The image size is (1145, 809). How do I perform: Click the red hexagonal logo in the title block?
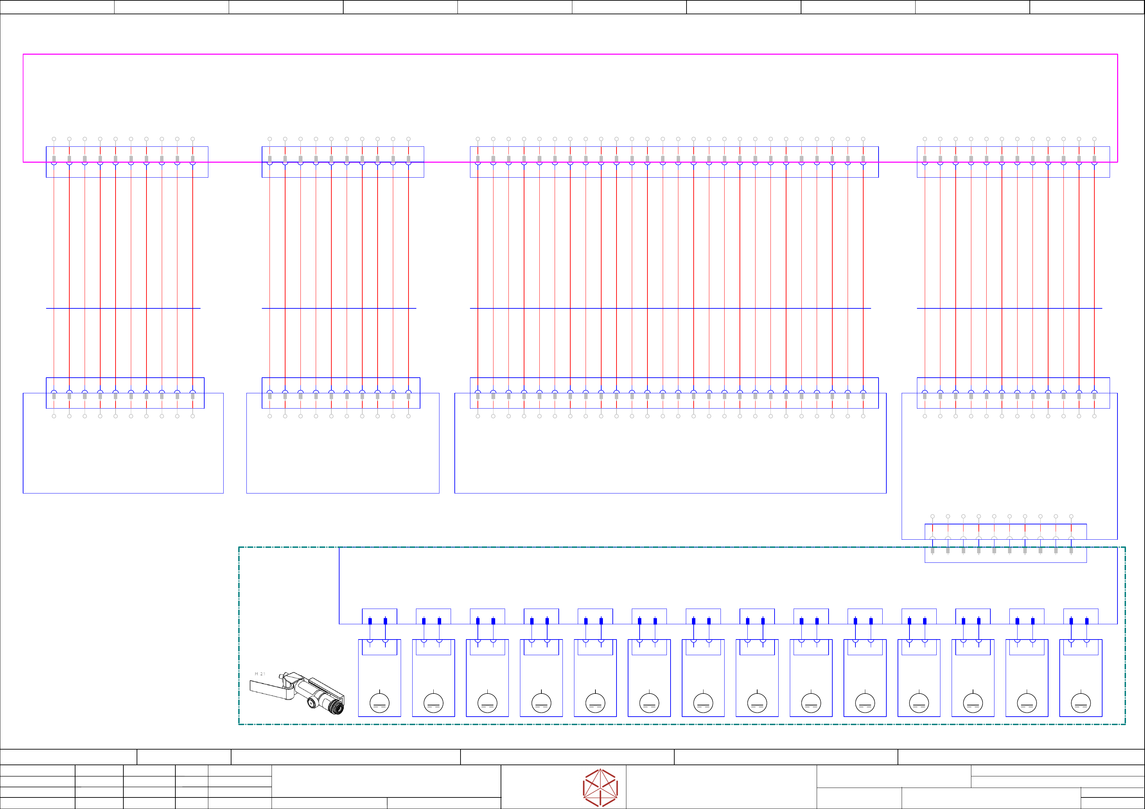click(x=601, y=788)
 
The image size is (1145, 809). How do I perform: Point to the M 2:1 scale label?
click(x=260, y=674)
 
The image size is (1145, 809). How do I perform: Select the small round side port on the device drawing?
click(x=311, y=703)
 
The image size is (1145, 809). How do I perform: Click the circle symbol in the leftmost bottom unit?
click(x=380, y=703)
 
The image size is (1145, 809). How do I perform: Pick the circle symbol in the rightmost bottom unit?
click(x=1081, y=703)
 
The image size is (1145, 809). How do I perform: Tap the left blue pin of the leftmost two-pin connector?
click(x=370, y=621)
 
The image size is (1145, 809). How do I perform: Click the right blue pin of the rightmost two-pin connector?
click(x=1087, y=621)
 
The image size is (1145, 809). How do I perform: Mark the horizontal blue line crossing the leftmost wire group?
click(x=123, y=308)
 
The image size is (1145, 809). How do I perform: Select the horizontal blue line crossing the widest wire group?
click(x=670, y=308)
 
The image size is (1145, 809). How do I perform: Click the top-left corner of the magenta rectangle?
click(x=23, y=54)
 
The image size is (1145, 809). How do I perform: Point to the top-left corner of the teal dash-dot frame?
click(x=239, y=547)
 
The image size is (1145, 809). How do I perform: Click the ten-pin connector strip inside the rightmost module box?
click(x=1005, y=543)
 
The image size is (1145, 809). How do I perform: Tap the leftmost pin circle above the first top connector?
click(x=54, y=139)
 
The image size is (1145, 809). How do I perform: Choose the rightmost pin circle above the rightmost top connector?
click(x=1094, y=139)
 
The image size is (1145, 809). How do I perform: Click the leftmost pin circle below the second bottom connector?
click(x=270, y=416)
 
